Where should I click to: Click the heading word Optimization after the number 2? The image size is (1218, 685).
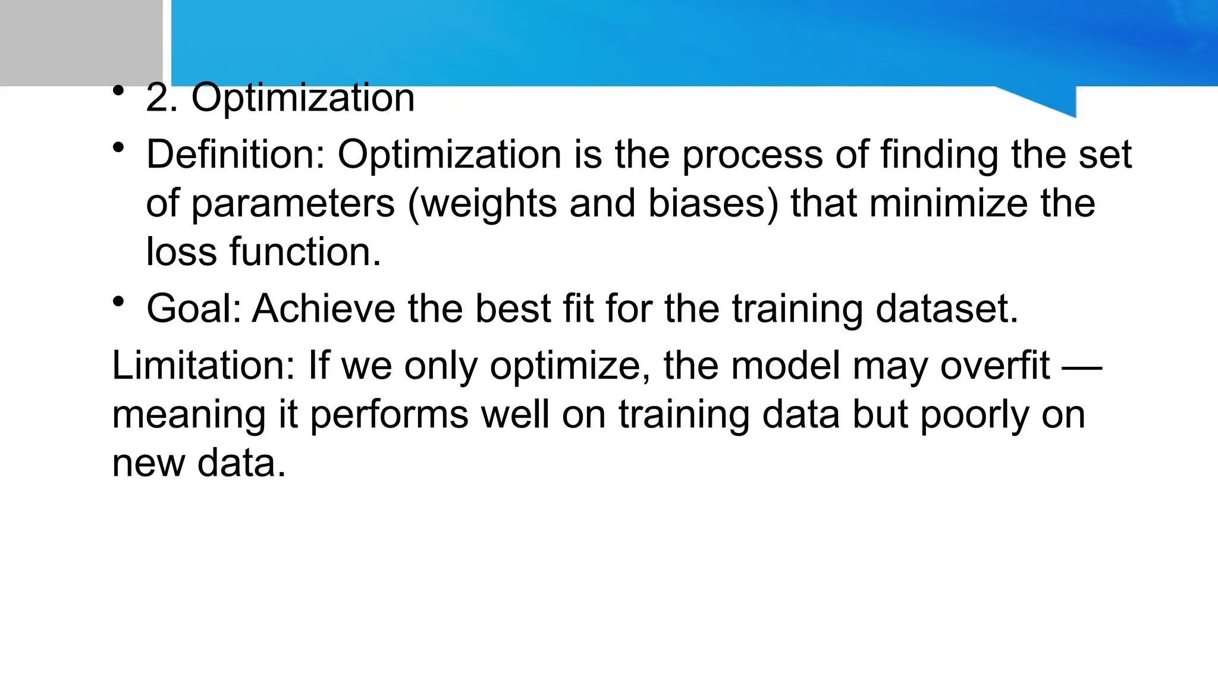click(x=303, y=98)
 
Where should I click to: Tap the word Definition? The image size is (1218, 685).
click(x=236, y=155)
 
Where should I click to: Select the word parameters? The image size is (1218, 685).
click(x=293, y=204)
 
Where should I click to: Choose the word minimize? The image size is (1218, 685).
click(x=948, y=204)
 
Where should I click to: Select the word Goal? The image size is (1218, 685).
click(x=193, y=309)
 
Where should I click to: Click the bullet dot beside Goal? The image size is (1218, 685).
click(x=118, y=301)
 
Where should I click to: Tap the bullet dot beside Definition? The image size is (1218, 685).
click(x=118, y=147)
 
